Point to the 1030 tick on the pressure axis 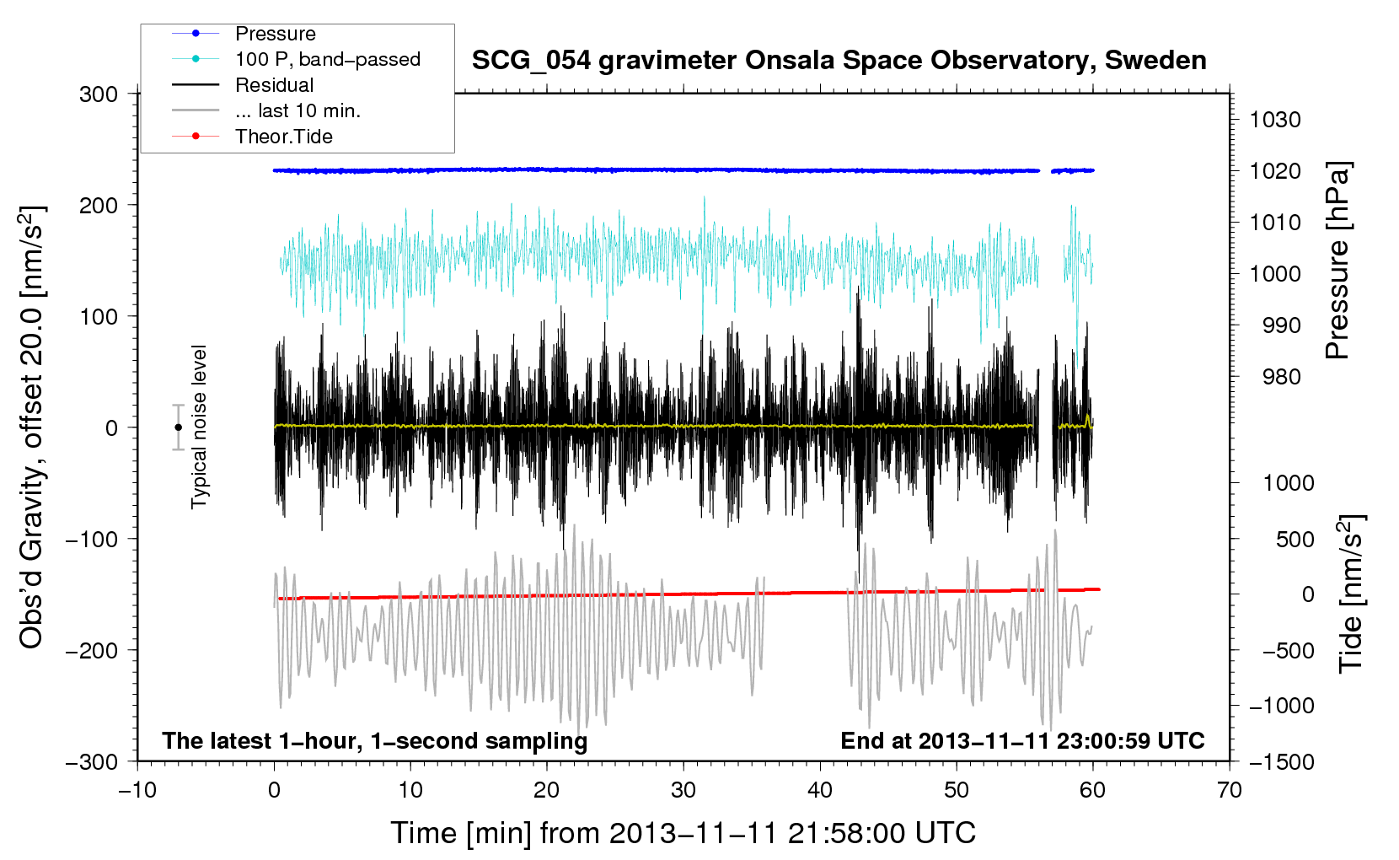tap(1275, 120)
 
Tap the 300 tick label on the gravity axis tap(99, 94)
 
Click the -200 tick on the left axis tap(92, 651)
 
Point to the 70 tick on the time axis tap(1229, 790)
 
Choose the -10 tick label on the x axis tap(137, 790)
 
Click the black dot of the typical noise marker tap(178, 427)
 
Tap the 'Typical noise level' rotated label tap(199, 427)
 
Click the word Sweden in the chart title tap(1155, 60)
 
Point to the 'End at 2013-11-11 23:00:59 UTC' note tap(1022, 740)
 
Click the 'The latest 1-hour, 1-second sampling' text tap(375, 741)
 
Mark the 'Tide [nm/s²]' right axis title tap(1351, 594)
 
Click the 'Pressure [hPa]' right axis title tap(1337, 261)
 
